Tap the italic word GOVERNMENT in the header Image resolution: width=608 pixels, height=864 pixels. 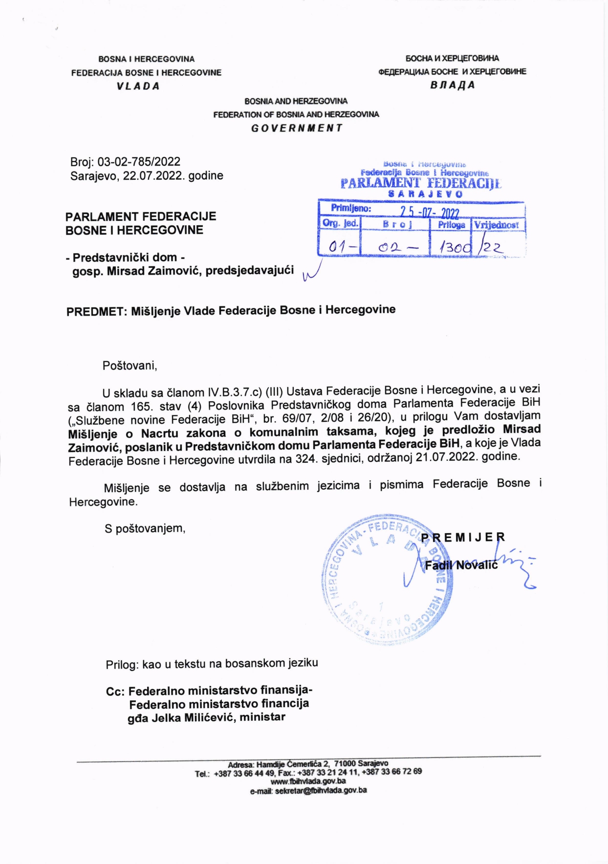(x=297, y=128)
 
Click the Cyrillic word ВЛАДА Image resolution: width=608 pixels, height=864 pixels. (x=453, y=85)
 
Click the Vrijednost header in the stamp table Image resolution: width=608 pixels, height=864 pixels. (x=497, y=225)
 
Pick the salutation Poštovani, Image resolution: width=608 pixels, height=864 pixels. (x=130, y=366)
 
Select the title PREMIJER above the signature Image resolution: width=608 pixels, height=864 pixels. (x=463, y=538)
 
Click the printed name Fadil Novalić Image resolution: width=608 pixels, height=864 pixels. (x=461, y=565)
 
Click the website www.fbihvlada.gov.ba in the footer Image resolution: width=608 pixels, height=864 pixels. (x=308, y=781)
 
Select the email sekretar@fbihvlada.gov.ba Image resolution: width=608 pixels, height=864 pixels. (x=308, y=790)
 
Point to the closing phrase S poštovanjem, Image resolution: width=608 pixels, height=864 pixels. (x=145, y=528)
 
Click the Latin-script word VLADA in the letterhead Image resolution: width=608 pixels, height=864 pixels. (x=138, y=86)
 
